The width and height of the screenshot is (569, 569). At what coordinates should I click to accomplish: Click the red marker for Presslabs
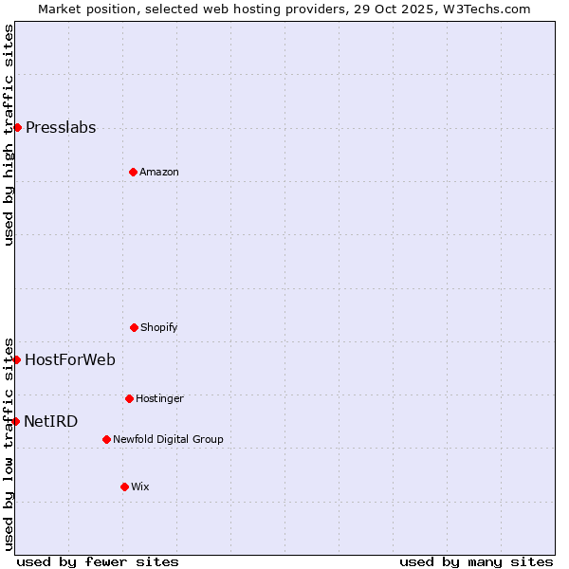(17, 127)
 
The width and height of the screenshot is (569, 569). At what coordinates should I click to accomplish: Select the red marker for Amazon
(133, 172)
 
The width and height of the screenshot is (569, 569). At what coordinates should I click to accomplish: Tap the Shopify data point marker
(134, 327)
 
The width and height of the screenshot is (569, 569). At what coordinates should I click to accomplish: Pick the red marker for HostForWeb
(16, 359)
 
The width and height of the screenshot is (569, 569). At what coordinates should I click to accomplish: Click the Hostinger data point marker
(129, 398)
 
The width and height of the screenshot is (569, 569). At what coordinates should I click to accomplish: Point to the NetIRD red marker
(15, 421)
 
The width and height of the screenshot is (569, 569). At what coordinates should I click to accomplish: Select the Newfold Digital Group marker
(106, 439)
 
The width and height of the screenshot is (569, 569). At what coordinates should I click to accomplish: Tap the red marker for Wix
(124, 486)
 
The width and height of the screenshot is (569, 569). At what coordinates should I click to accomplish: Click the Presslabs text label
(61, 128)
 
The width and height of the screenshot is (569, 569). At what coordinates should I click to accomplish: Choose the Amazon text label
(159, 172)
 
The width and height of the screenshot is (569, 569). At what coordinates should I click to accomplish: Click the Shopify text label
(159, 327)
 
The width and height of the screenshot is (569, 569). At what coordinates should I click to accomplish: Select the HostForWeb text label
(70, 359)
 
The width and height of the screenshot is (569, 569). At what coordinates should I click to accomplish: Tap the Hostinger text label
(159, 398)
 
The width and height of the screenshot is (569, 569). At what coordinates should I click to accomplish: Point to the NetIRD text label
(51, 421)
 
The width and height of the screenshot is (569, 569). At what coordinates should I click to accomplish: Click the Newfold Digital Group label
(169, 439)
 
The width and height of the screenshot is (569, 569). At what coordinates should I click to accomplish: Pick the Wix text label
(140, 486)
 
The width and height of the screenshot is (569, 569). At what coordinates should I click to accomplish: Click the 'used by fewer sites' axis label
(98, 561)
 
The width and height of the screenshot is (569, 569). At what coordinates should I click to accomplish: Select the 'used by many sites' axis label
(476, 561)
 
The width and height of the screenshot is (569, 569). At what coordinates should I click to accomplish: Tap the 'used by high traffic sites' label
(9, 135)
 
